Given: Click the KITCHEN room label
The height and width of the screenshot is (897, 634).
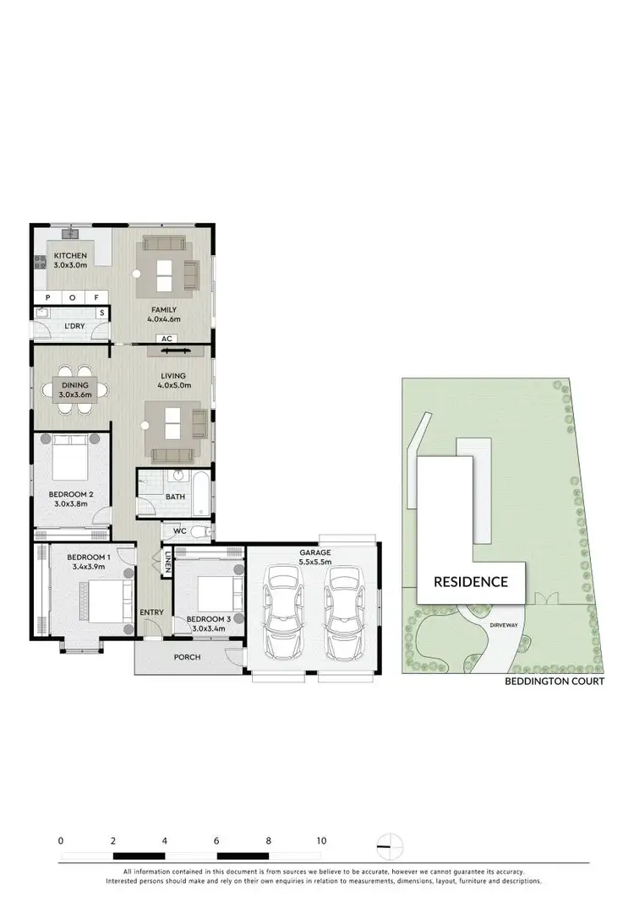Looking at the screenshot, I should click(x=70, y=256).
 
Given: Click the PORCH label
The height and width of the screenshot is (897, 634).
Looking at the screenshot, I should click(x=188, y=657).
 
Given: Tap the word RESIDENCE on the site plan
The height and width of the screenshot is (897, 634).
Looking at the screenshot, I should click(x=471, y=581).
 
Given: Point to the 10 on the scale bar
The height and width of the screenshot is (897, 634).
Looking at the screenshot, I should click(x=320, y=840).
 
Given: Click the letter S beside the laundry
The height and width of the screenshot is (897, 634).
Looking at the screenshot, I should click(x=102, y=313).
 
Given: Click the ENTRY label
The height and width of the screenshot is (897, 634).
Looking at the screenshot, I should click(x=152, y=612).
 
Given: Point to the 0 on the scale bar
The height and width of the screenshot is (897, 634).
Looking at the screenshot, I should click(x=61, y=840).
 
